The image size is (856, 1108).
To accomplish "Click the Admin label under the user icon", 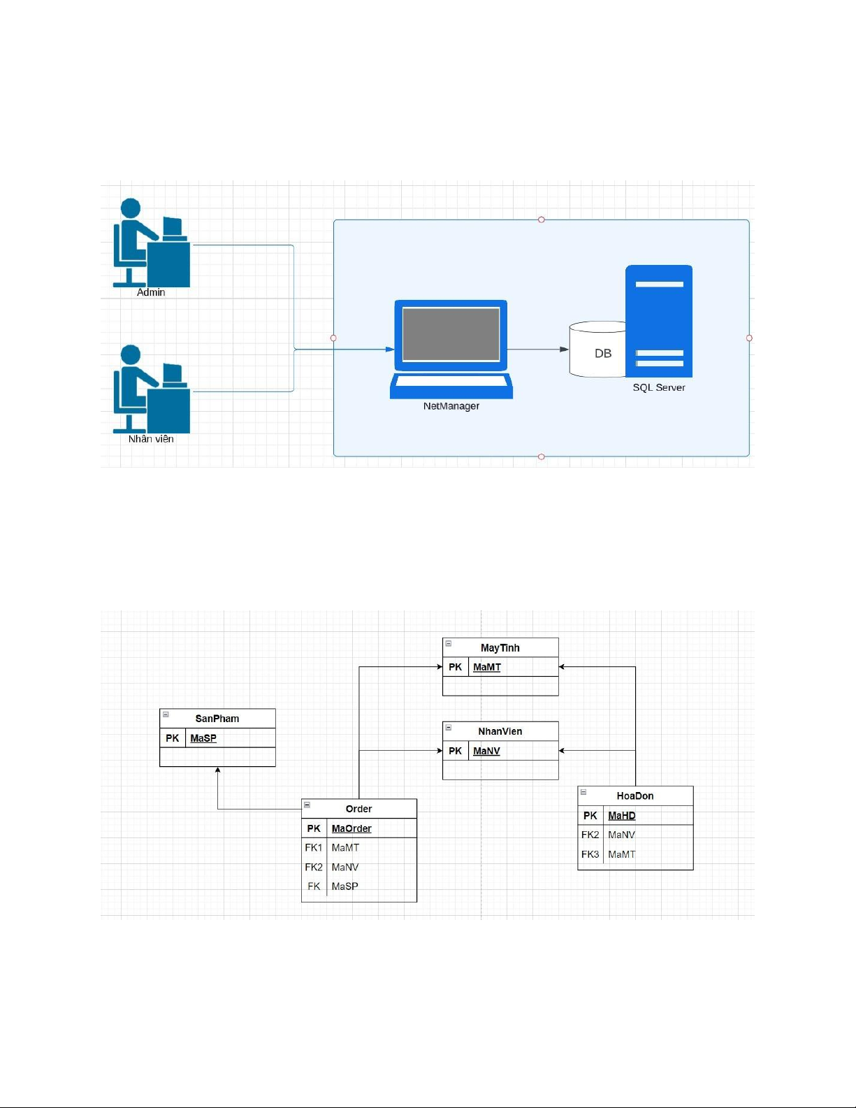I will pos(151,292).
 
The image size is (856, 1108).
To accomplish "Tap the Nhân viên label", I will pos(151,439).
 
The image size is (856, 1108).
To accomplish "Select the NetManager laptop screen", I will pos(451,334).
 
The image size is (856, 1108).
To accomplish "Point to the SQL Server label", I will pos(659,387).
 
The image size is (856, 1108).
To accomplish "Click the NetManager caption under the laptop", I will pos(451,406).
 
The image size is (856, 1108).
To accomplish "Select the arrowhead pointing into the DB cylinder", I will pos(565,349).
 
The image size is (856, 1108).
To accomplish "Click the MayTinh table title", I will pos(500,648).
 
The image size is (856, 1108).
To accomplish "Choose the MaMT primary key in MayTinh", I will pos(487,667).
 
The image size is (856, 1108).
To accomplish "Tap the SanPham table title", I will pos(217,719).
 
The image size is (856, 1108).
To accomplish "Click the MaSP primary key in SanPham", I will pos(203,738).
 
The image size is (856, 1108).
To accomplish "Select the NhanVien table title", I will pos(500,731).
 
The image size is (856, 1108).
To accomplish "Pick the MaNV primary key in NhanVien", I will pos(486,751).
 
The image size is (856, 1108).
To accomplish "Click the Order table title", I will pos(358,809).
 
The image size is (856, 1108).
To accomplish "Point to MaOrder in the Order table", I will pos(351,828).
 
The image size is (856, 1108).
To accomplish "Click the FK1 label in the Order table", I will pos(314,847).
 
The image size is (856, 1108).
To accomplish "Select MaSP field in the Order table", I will pos(345,886).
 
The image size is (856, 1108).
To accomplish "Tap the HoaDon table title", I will pos(635,796).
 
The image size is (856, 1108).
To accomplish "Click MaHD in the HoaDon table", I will pos(622,815).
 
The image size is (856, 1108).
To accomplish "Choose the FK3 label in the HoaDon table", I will pos(590,854).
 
